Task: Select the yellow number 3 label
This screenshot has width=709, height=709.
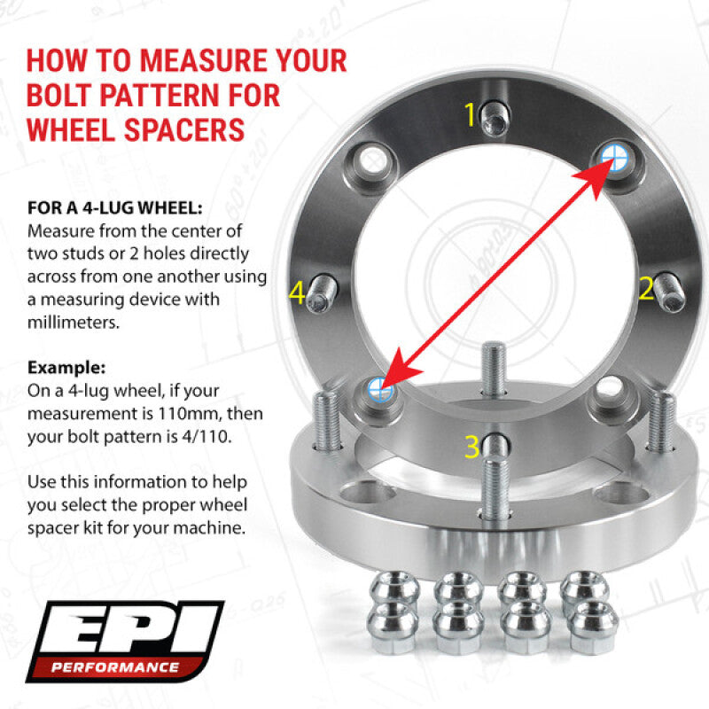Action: click(x=472, y=446)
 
